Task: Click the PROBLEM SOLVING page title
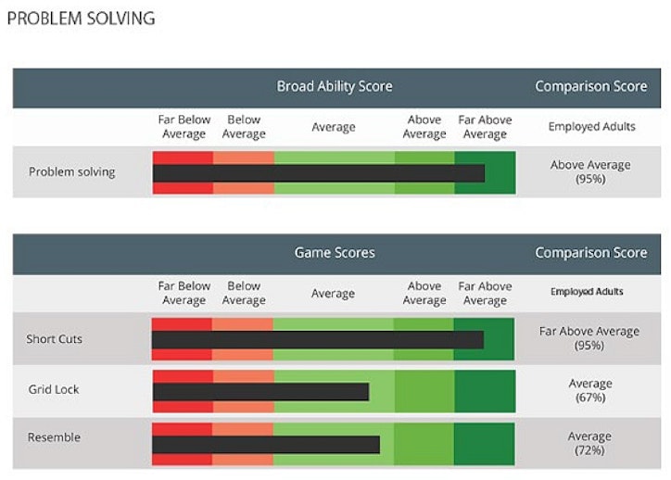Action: (x=81, y=19)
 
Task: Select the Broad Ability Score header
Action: (x=334, y=86)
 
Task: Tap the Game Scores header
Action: (x=334, y=252)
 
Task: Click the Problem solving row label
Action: (x=72, y=171)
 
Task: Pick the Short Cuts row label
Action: (x=54, y=338)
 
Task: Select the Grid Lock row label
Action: (x=54, y=389)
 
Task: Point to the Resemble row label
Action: (x=54, y=437)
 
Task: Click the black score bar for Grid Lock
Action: (x=260, y=392)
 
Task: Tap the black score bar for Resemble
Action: (x=266, y=445)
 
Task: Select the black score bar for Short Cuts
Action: (x=317, y=340)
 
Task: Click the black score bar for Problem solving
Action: (x=318, y=173)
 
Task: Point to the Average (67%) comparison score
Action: (x=590, y=390)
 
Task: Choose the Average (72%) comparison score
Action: (x=590, y=443)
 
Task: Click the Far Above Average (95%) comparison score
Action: (x=589, y=338)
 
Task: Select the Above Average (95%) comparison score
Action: (x=590, y=171)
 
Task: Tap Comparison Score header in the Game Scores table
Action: (x=590, y=252)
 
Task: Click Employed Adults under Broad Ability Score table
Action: (x=590, y=126)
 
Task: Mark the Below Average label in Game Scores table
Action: (x=244, y=293)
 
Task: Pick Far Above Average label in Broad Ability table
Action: (x=485, y=127)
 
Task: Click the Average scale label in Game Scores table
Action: (x=333, y=294)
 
